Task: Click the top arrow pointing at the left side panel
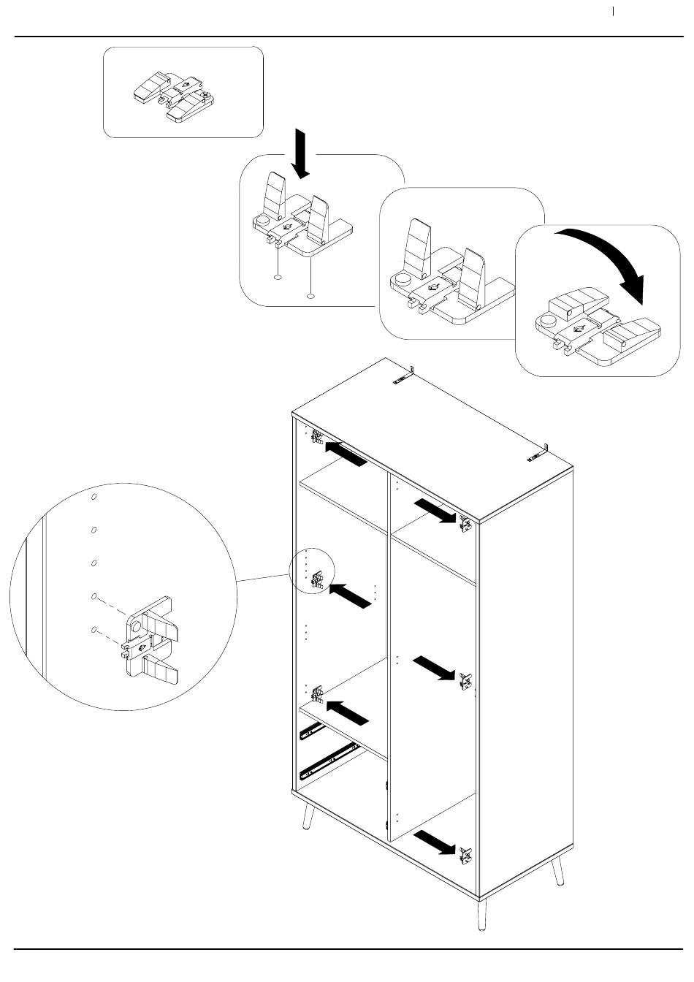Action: click(x=345, y=454)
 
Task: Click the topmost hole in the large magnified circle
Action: click(x=94, y=498)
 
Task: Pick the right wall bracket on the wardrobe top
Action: click(x=538, y=453)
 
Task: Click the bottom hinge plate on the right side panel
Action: click(x=465, y=856)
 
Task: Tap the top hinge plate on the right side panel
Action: click(x=465, y=523)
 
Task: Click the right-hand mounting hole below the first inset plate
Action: click(x=311, y=297)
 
